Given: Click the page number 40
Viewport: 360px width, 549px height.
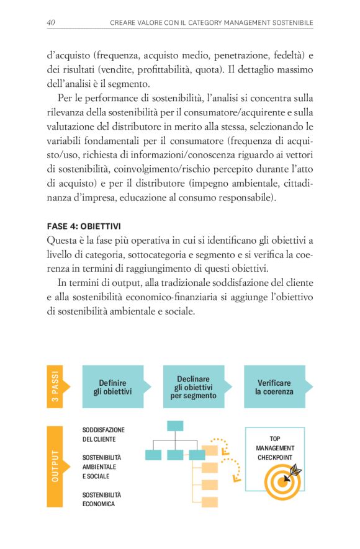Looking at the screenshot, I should pos(52,23).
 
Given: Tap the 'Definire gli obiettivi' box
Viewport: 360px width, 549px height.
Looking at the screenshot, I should pos(113,386).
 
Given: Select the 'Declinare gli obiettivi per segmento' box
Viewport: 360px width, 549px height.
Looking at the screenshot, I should pos(193,386).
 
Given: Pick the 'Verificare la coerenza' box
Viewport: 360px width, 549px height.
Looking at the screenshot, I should pos(274,386).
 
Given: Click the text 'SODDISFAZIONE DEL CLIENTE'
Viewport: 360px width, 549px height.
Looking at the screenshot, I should pos(103,434).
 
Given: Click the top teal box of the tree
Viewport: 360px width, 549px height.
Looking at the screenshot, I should pos(175,426).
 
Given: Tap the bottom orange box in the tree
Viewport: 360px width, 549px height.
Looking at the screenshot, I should pos(210,501).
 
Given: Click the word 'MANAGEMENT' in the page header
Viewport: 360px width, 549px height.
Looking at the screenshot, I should pos(236,24).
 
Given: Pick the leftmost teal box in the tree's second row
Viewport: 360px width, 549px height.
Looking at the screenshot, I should pos(153,455).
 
